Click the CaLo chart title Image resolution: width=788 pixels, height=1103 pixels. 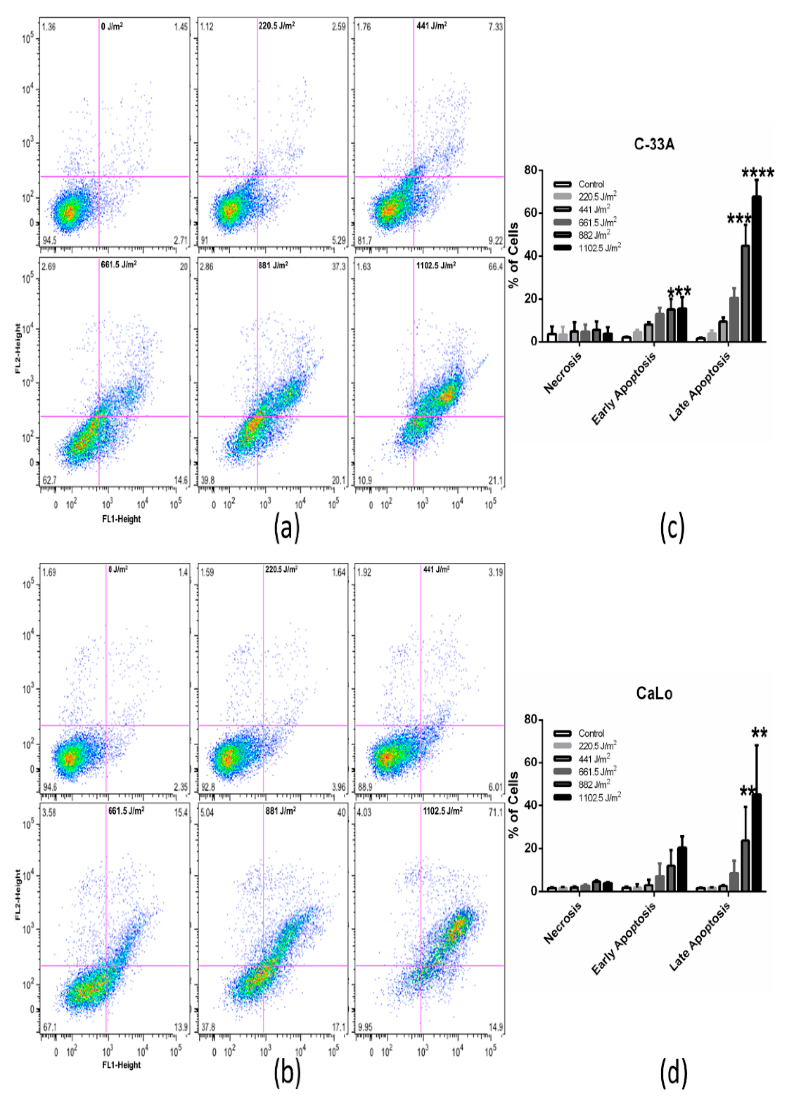click(654, 693)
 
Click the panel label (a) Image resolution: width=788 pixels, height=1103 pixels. click(286, 528)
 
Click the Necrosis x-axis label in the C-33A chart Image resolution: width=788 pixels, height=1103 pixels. click(563, 373)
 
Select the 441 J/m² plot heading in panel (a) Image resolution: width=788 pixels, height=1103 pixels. click(431, 26)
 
